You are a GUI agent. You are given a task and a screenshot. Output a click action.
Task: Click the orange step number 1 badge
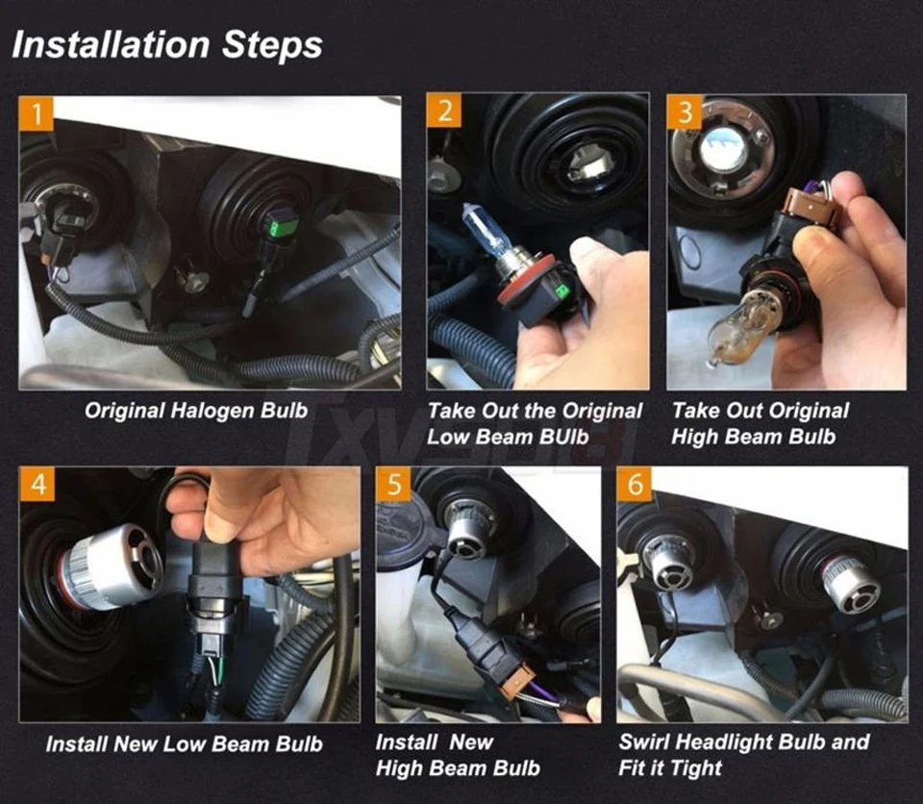36,113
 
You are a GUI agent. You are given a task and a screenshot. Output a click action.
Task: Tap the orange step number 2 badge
444,111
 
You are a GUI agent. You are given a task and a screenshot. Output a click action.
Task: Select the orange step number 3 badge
685,112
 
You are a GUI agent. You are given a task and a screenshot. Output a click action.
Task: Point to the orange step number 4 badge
38,484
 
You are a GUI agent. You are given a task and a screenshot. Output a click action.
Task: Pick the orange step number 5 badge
394,484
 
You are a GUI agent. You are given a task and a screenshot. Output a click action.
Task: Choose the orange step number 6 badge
636,484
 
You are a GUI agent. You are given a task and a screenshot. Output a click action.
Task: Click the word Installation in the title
111,45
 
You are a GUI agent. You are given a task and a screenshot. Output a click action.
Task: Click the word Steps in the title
272,46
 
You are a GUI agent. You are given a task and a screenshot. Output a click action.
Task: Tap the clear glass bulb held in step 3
744,327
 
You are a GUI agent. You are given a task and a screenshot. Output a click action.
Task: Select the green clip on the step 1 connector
272,226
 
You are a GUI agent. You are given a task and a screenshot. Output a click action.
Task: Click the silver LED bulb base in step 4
111,566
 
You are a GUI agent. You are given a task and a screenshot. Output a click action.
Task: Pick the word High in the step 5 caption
399,768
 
